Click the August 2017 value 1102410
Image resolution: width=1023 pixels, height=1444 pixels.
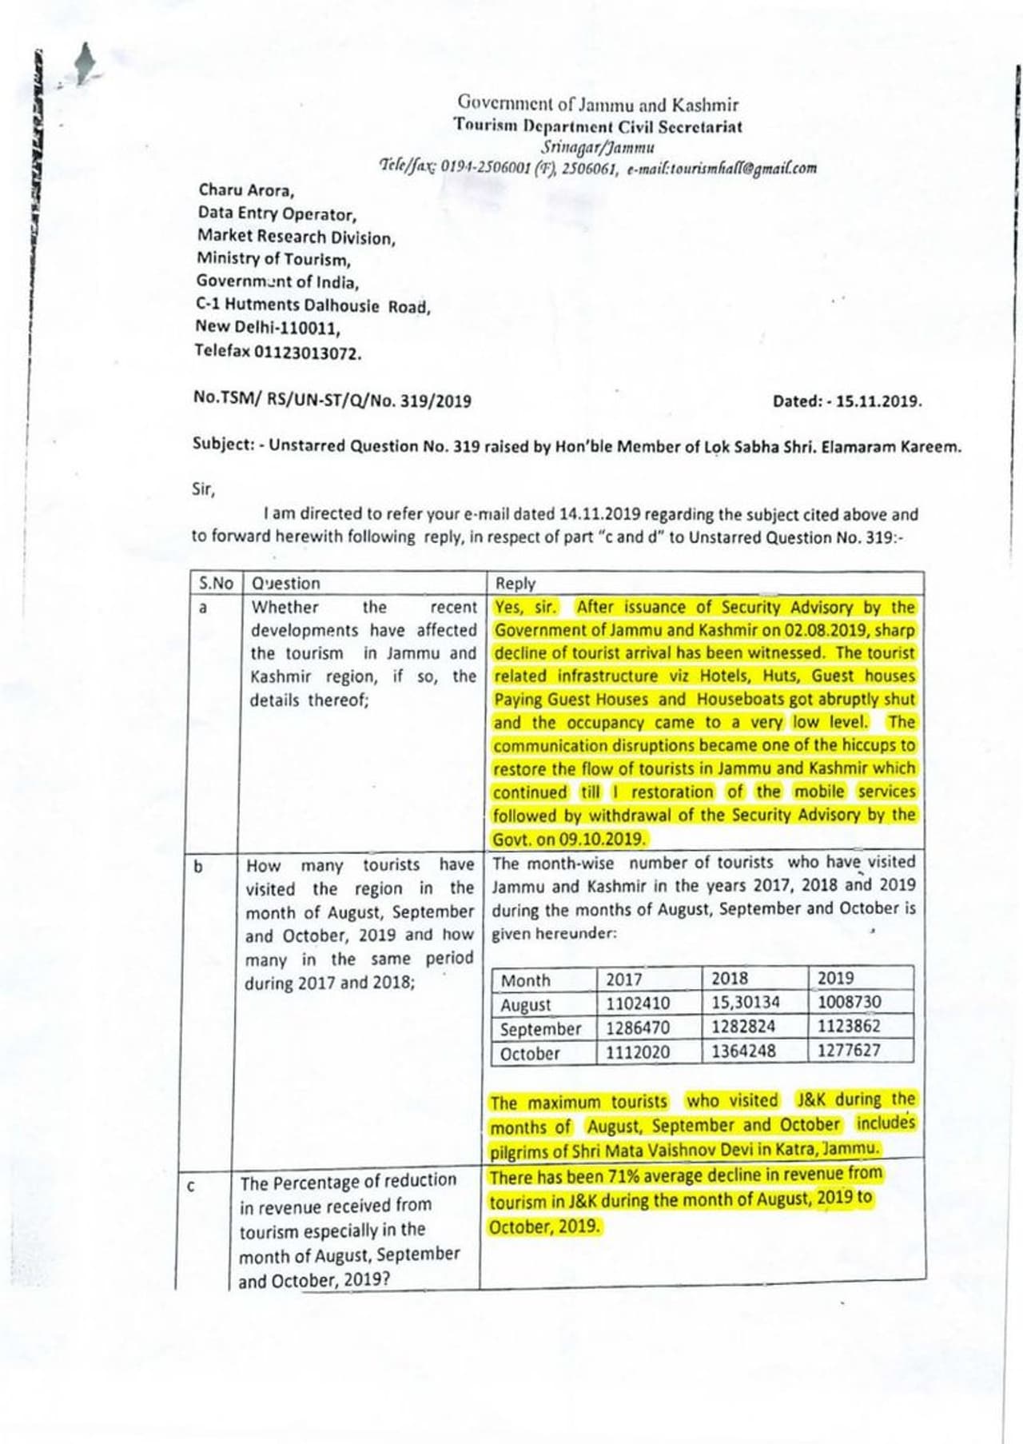pos(637,1003)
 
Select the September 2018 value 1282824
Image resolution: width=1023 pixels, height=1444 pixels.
pos(743,1027)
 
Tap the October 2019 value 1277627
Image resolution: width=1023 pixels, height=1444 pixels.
pos(849,1050)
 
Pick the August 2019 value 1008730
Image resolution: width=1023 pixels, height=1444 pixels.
pos(849,1002)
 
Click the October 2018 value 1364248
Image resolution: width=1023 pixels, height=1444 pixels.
pos(743,1051)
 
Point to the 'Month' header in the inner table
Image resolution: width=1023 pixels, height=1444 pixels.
pos(525,980)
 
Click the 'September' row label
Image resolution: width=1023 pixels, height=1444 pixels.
pos(540,1029)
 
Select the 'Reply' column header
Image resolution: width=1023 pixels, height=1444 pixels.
pos(515,583)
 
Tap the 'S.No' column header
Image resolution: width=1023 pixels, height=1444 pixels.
pos(216,583)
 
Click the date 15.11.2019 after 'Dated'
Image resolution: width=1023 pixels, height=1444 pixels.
pos(878,401)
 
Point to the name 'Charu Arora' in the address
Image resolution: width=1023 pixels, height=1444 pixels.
pos(245,190)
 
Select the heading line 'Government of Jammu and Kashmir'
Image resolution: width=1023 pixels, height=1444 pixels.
pos(598,104)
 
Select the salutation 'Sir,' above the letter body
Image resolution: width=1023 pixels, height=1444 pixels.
pos(203,489)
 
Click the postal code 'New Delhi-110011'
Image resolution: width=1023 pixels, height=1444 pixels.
pos(268,327)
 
